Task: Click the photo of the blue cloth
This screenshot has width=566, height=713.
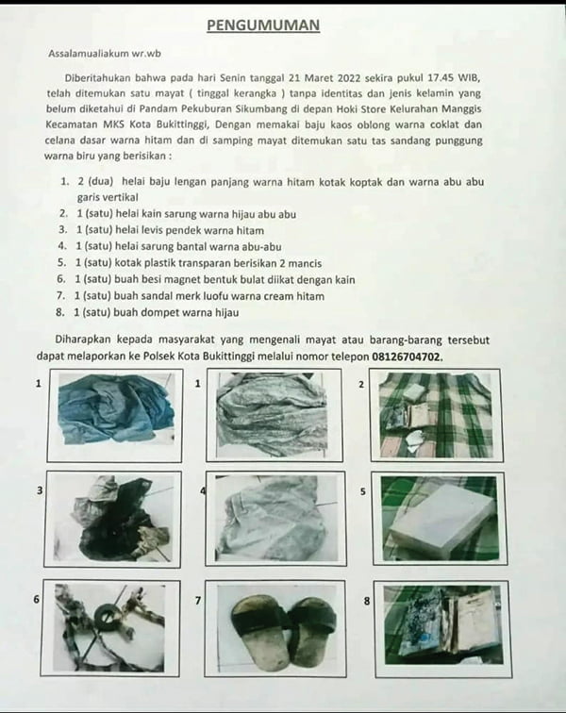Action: click(x=115, y=412)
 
